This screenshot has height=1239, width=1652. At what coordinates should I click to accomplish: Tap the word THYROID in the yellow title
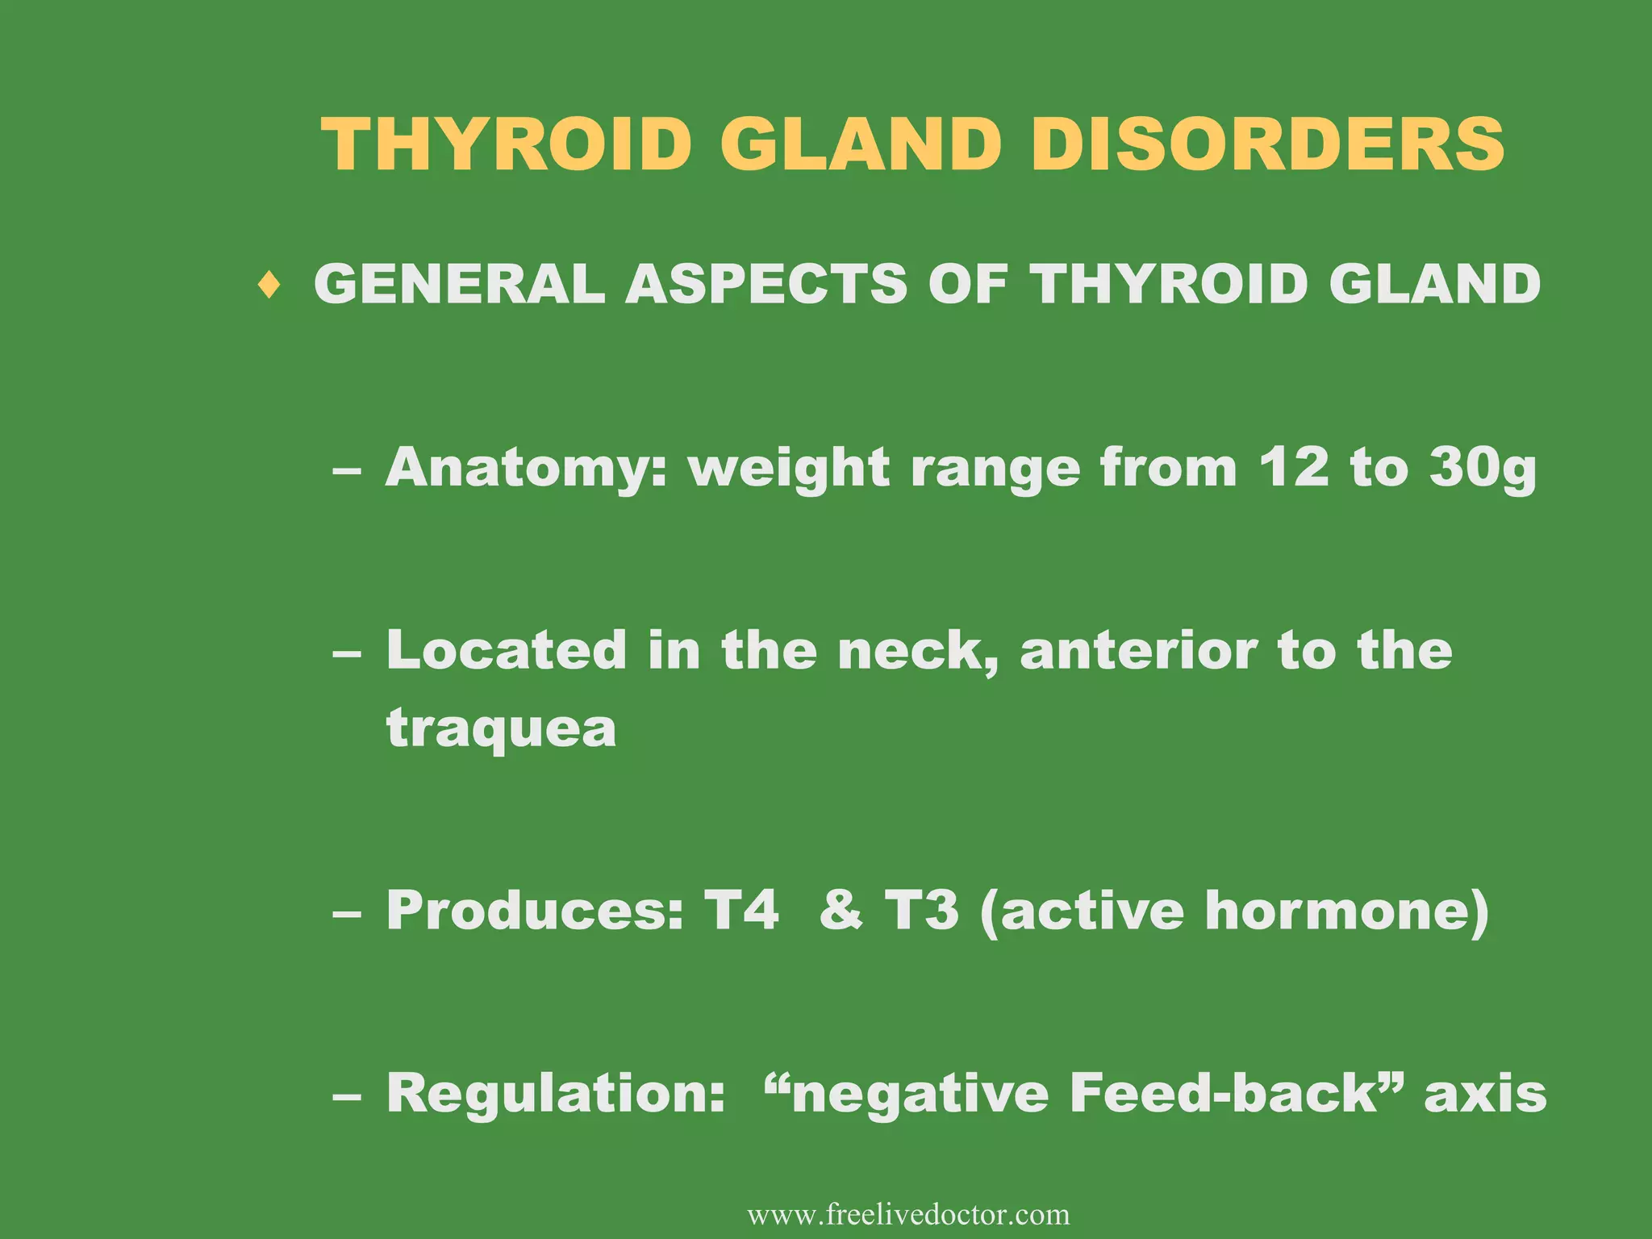coord(507,144)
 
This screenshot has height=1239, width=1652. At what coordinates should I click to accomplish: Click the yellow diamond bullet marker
coord(270,285)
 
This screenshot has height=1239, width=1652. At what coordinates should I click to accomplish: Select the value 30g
coord(1483,468)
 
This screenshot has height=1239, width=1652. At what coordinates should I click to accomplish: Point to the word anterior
coord(1137,650)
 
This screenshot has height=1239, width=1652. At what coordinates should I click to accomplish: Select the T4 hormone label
coord(741,910)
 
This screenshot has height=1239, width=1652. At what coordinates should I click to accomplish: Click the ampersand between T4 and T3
coord(841,910)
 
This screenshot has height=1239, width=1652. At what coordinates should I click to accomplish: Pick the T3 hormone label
coord(921,910)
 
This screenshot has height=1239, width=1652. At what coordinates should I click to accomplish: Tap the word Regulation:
coord(556,1093)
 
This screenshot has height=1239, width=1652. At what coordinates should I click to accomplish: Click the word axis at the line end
coord(1485,1094)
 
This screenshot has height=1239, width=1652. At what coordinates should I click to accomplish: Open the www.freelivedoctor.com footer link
coord(908,1214)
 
